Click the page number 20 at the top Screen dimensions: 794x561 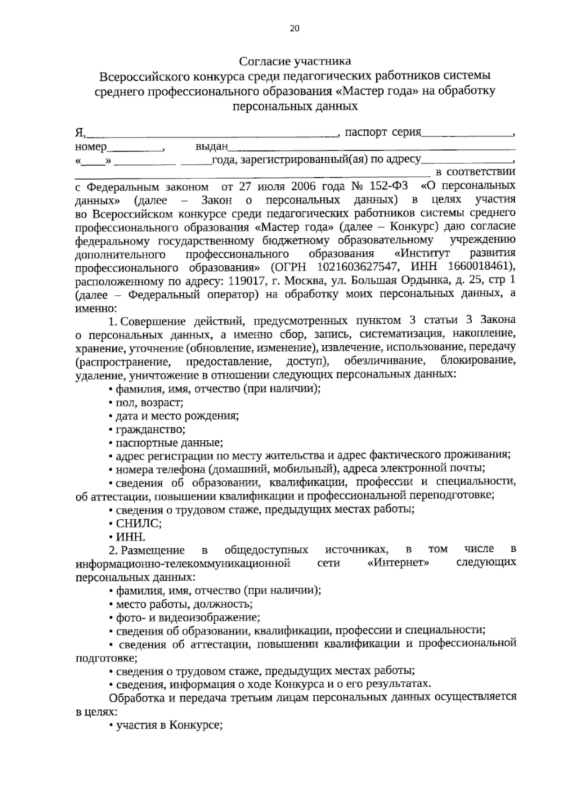pyautogui.click(x=295, y=28)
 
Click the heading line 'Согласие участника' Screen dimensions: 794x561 pyautogui.click(x=295, y=61)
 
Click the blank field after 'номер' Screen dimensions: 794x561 pyautogui.click(x=134, y=148)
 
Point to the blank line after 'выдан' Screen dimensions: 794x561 pyautogui.click(x=372, y=148)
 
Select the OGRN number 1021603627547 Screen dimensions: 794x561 pyautogui.click(x=357, y=268)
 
